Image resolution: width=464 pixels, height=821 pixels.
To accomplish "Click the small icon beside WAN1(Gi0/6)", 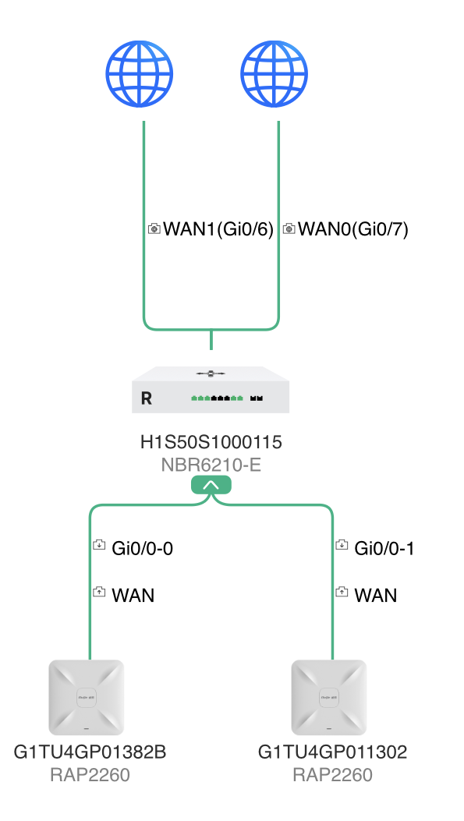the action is point(154,228).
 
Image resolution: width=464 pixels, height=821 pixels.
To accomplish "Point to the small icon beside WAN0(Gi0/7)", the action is point(289,228).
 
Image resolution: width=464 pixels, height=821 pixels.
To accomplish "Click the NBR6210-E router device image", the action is point(211,390).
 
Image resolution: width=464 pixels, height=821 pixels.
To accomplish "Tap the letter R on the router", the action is point(147,398).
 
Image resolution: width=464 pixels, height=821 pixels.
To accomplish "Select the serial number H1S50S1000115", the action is point(211,442).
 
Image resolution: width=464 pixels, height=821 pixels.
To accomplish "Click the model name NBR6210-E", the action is point(211,465).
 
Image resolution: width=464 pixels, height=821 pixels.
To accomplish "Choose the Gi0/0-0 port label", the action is point(143,548).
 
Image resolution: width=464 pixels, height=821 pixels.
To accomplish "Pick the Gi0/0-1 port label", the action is point(384,548).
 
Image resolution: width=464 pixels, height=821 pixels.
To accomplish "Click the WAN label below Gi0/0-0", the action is point(133,596).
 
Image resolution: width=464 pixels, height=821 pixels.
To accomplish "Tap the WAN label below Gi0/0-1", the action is point(376,596).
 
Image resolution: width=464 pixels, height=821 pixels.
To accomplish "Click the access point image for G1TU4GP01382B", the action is point(87,698).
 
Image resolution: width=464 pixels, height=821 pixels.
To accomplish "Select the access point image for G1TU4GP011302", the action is point(329,698).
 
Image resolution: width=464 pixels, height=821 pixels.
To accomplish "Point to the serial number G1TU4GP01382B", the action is point(90,752).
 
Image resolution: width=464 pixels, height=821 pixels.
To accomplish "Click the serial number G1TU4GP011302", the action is point(332,752).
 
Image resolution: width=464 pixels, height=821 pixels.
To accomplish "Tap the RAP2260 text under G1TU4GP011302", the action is point(332,775).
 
